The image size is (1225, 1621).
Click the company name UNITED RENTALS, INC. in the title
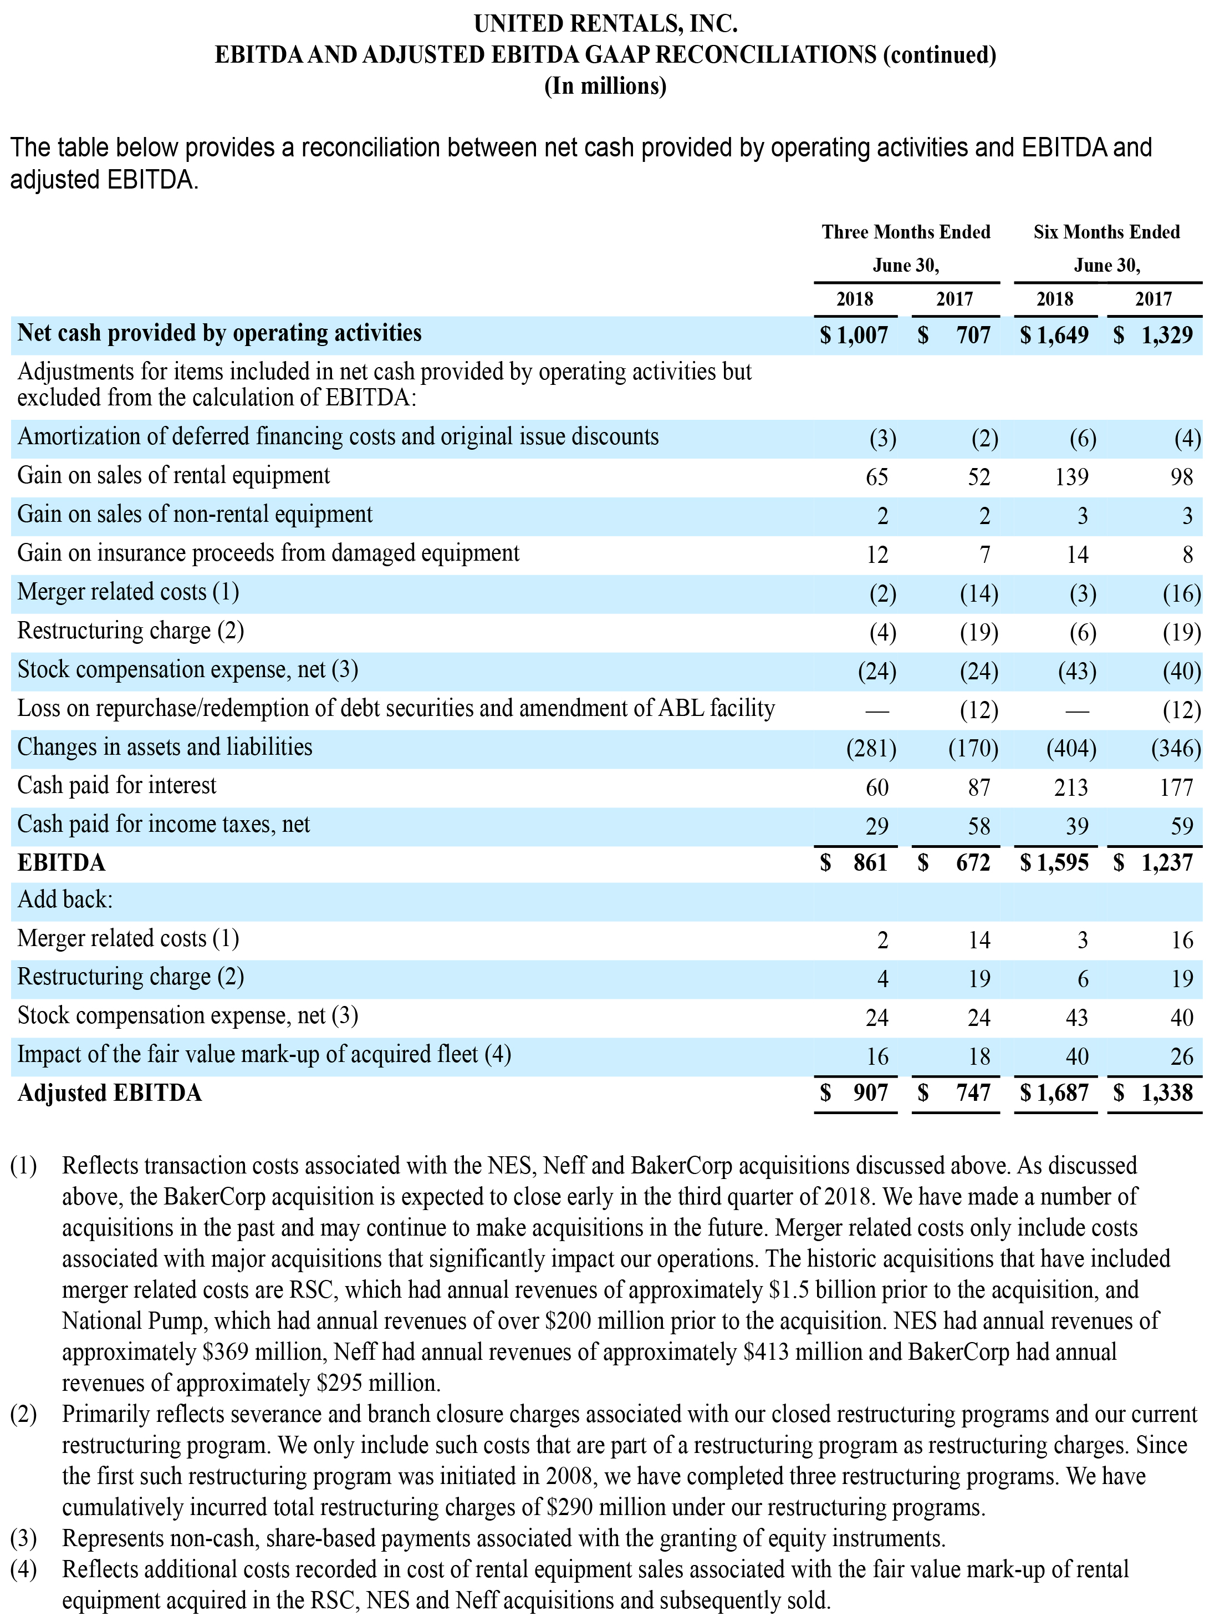click(605, 24)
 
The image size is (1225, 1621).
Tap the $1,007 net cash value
click(854, 336)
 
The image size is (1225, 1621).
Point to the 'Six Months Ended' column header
click(1107, 232)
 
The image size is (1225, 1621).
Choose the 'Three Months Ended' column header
click(906, 232)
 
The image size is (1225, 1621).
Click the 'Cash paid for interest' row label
click(117, 786)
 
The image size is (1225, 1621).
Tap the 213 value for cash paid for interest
click(1071, 788)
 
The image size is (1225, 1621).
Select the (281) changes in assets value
click(871, 748)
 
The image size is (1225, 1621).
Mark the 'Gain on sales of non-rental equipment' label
click(195, 515)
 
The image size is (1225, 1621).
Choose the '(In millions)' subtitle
click(605, 87)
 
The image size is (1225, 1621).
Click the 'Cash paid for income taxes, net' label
click(164, 825)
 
